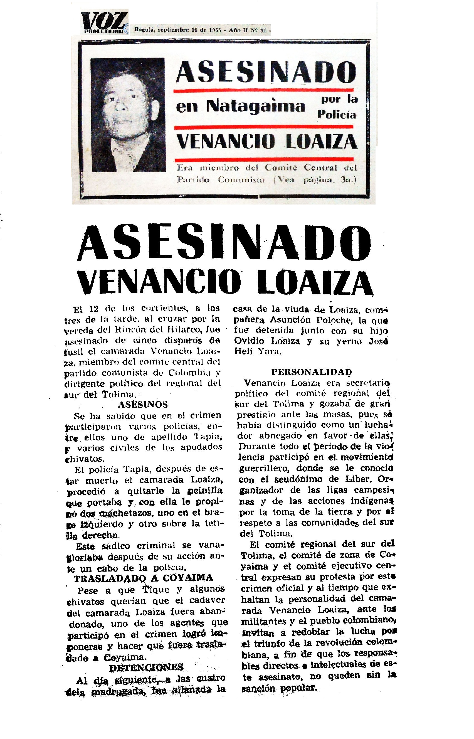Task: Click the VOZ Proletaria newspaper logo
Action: point(104,23)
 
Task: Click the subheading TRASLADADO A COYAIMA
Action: point(143,578)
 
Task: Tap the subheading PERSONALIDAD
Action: point(312,372)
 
